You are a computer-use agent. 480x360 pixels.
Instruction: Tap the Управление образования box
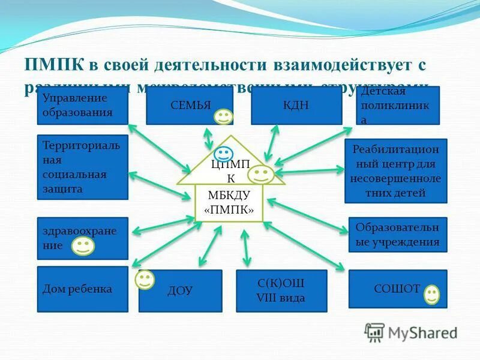pos(82,106)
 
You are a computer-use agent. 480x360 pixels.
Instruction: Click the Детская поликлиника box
pos(397,106)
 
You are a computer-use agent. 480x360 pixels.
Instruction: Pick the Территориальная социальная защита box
pos(82,167)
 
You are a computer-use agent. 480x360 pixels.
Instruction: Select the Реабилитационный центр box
pos(395,171)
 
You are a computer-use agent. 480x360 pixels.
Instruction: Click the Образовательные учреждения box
pos(397,235)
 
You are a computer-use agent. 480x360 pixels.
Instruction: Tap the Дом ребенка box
pos(82,289)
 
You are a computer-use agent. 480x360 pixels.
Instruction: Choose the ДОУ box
pos(180,291)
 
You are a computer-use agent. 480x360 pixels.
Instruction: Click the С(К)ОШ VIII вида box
pos(281,291)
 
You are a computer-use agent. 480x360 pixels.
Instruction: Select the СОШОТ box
pos(397,289)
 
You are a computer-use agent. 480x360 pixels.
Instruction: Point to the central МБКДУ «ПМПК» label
pos(229,203)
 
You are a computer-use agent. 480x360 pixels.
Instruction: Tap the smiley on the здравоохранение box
pos(83,245)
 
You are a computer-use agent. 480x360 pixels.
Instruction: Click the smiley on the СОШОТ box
pos(431,294)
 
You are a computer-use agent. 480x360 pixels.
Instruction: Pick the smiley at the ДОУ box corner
pos(145,279)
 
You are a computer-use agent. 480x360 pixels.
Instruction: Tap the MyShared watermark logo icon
pos(374,332)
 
